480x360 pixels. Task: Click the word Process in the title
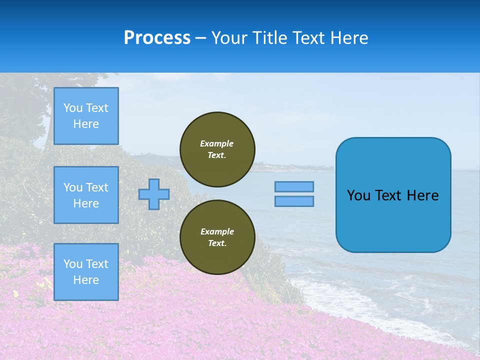[157, 38]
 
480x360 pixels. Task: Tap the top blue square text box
[86, 116]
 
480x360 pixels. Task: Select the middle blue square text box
[86, 195]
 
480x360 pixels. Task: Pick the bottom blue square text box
[86, 272]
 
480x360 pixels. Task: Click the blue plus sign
[154, 194]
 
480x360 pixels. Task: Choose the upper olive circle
[217, 149]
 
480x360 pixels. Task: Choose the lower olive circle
[217, 237]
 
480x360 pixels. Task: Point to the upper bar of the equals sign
[294, 187]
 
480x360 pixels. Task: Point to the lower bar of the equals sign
[294, 201]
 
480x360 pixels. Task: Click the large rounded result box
[393, 195]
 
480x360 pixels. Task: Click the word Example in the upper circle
[217, 144]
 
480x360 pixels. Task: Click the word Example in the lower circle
[217, 232]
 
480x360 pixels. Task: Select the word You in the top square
[73, 108]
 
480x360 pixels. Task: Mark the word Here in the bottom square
[86, 280]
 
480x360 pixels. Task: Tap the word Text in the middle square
[97, 187]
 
